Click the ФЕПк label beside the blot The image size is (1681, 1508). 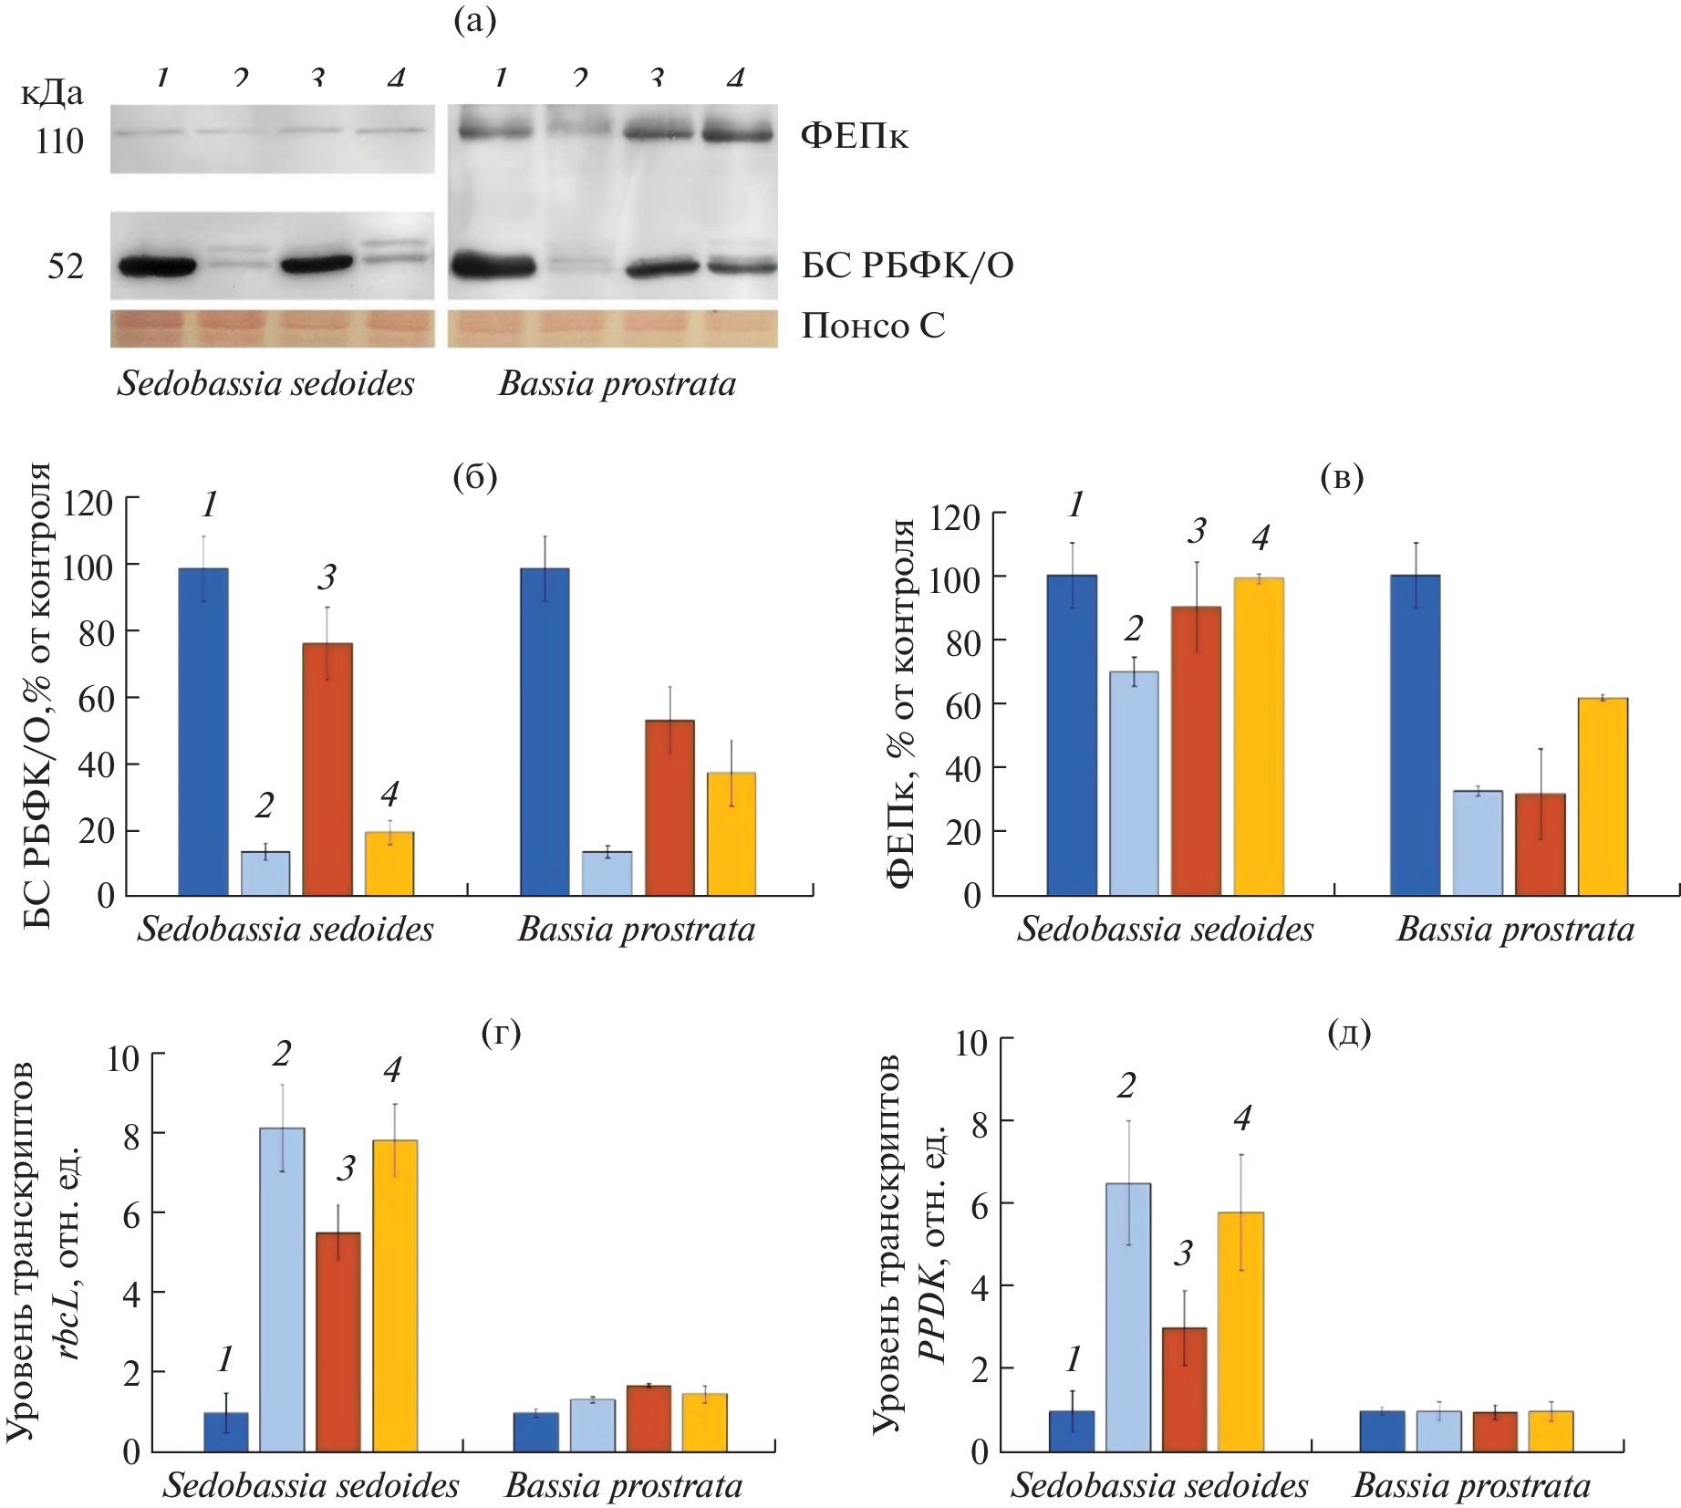854,136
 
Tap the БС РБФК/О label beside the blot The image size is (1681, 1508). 907,265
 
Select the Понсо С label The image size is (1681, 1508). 873,326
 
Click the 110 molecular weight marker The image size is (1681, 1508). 59,141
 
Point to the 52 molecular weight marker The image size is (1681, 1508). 65,266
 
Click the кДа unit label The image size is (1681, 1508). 52,93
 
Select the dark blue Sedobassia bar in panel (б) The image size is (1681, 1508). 203,730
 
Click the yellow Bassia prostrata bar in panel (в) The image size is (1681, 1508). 1603,796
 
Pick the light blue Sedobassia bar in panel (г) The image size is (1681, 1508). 282,1288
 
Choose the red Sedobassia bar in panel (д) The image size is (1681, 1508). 1184,1388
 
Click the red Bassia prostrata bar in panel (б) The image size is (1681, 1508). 669,806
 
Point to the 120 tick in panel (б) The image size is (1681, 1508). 88,503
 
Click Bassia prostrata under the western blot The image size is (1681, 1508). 617,384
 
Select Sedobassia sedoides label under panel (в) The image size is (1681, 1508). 1165,929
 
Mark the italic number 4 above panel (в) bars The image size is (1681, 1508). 1261,538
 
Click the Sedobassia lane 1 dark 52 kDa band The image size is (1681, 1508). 157,266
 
